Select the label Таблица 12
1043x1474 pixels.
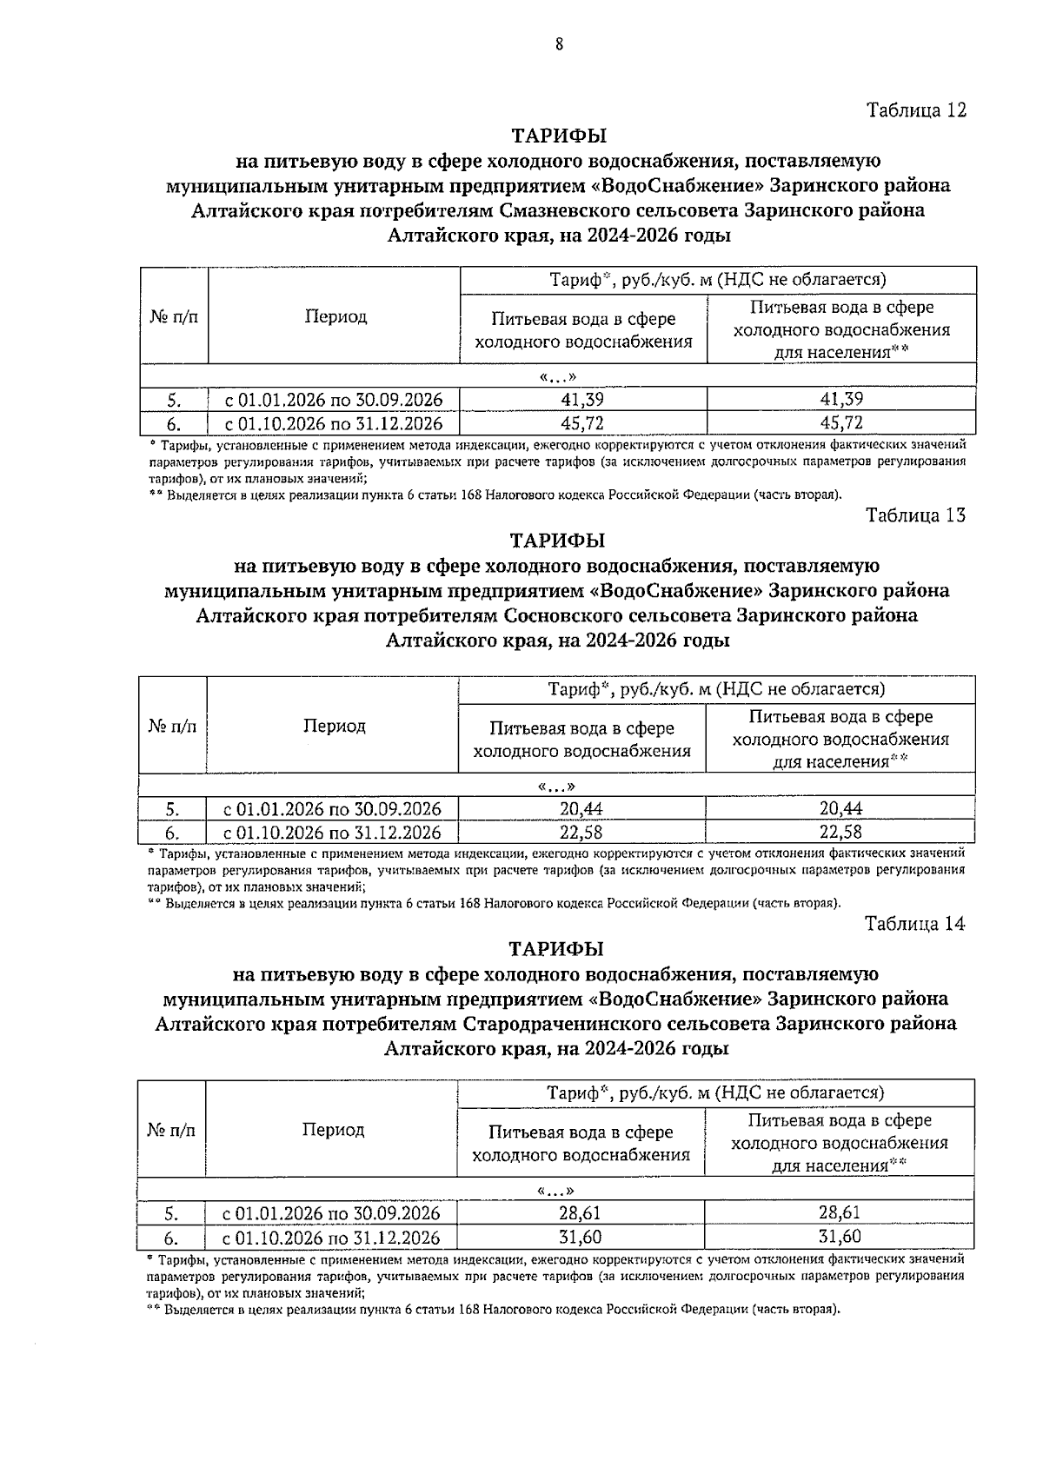(x=915, y=110)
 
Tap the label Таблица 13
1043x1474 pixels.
(x=915, y=515)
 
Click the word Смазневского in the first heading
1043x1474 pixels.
(x=561, y=211)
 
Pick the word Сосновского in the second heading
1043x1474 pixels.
(x=561, y=616)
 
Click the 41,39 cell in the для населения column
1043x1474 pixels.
(x=840, y=400)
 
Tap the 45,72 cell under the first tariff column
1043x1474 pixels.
(x=582, y=424)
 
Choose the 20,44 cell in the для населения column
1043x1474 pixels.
(x=840, y=808)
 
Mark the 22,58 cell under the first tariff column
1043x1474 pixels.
(x=581, y=833)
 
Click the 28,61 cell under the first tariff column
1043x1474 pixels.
(x=580, y=1213)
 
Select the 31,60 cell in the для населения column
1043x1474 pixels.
(x=839, y=1237)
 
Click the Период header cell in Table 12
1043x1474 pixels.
(x=335, y=317)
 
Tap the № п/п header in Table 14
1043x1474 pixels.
(x=171, y=1130)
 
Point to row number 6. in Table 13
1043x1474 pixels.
(x=172, y=833)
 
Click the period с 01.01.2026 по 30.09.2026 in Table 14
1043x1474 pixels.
(x=331, y=1213)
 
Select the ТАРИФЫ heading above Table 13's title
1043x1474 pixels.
(x=557, y=541)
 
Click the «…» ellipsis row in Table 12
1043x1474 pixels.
(x=558, y=376)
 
